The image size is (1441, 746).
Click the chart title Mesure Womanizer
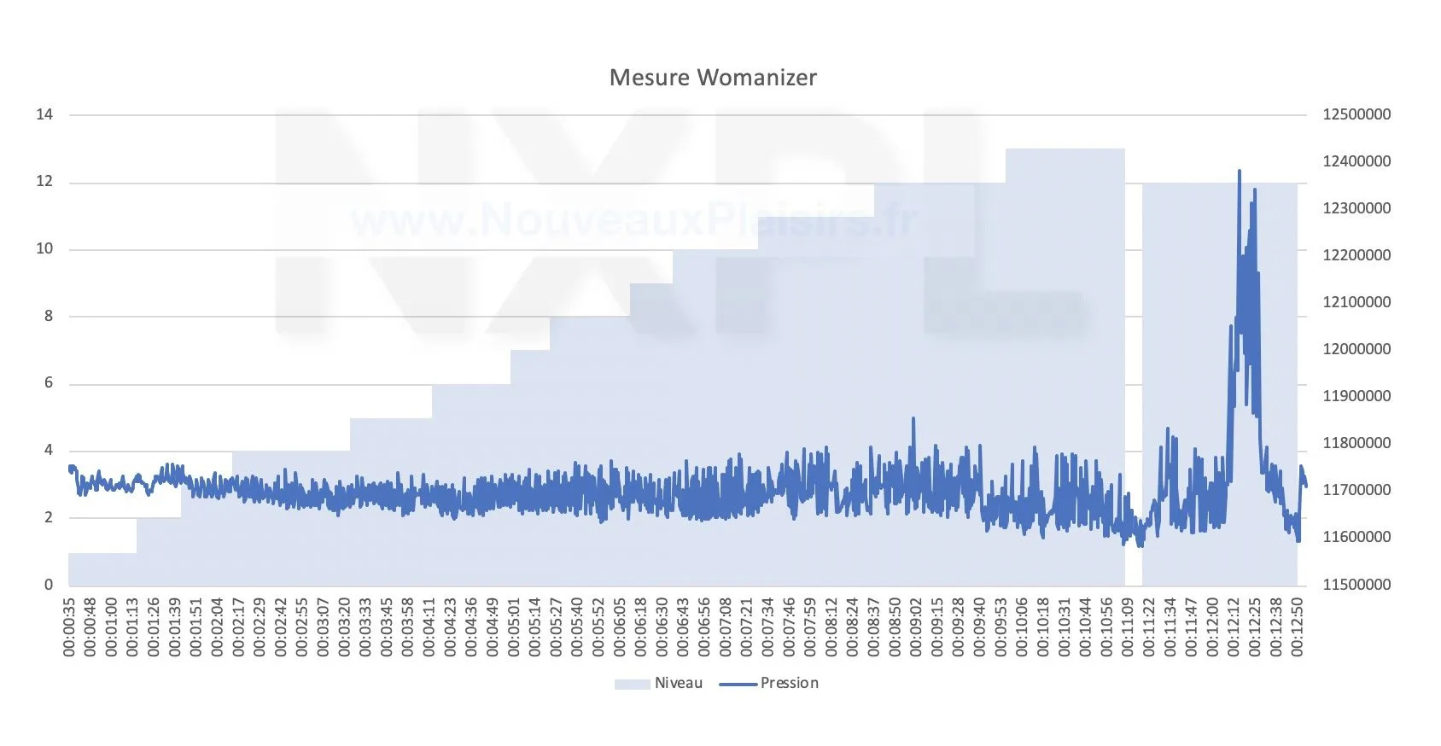[713, 78]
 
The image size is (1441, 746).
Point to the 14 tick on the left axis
[44, 114]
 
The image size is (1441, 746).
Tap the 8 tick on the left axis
[49, 316]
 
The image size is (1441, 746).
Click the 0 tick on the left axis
[49, 585]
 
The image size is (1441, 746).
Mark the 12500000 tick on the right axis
[1356, 114]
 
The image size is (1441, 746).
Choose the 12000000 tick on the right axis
[1356, 349]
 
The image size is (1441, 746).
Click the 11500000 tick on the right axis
[1356, 585]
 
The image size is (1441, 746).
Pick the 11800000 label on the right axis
[1356, 443]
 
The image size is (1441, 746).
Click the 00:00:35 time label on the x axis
[69, 627]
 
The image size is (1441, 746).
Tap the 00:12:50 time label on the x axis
[1298, 627]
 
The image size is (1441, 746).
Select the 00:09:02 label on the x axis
[916, 627]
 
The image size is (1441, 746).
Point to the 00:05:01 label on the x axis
[514, 627]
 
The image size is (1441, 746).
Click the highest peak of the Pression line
[1240, 171]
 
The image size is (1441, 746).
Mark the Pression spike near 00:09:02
[913, 418]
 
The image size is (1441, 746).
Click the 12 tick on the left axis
[44, 182]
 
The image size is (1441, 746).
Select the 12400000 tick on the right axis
[1356, 161]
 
